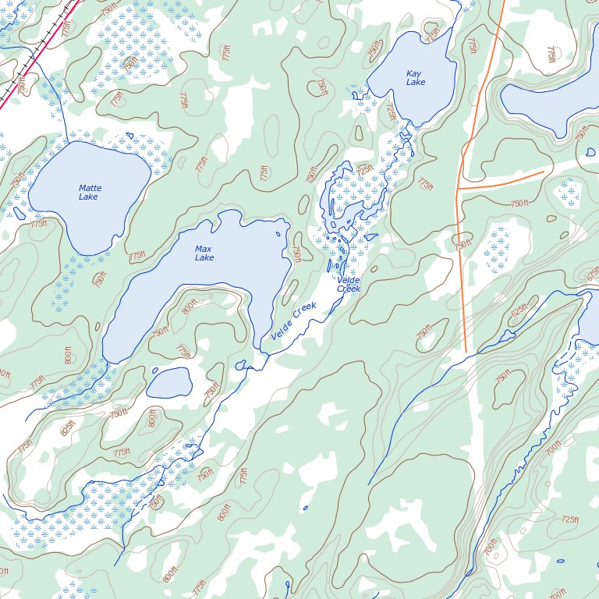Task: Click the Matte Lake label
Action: point(90,193)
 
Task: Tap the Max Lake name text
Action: point(204,253)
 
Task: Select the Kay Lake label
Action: point(416,78)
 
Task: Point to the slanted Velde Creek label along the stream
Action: point(294,321)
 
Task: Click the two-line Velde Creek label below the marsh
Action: point(349,285)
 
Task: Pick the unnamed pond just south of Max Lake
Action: point(169,383)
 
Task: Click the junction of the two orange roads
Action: point(459,189)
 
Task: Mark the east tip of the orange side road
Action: point(544,172)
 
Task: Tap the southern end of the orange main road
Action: point(466,351)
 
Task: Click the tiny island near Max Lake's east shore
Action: point(278,234)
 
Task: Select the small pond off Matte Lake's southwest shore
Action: point(19,212)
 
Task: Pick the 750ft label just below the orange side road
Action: point(519,204)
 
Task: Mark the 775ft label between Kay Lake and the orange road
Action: point(472,47)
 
